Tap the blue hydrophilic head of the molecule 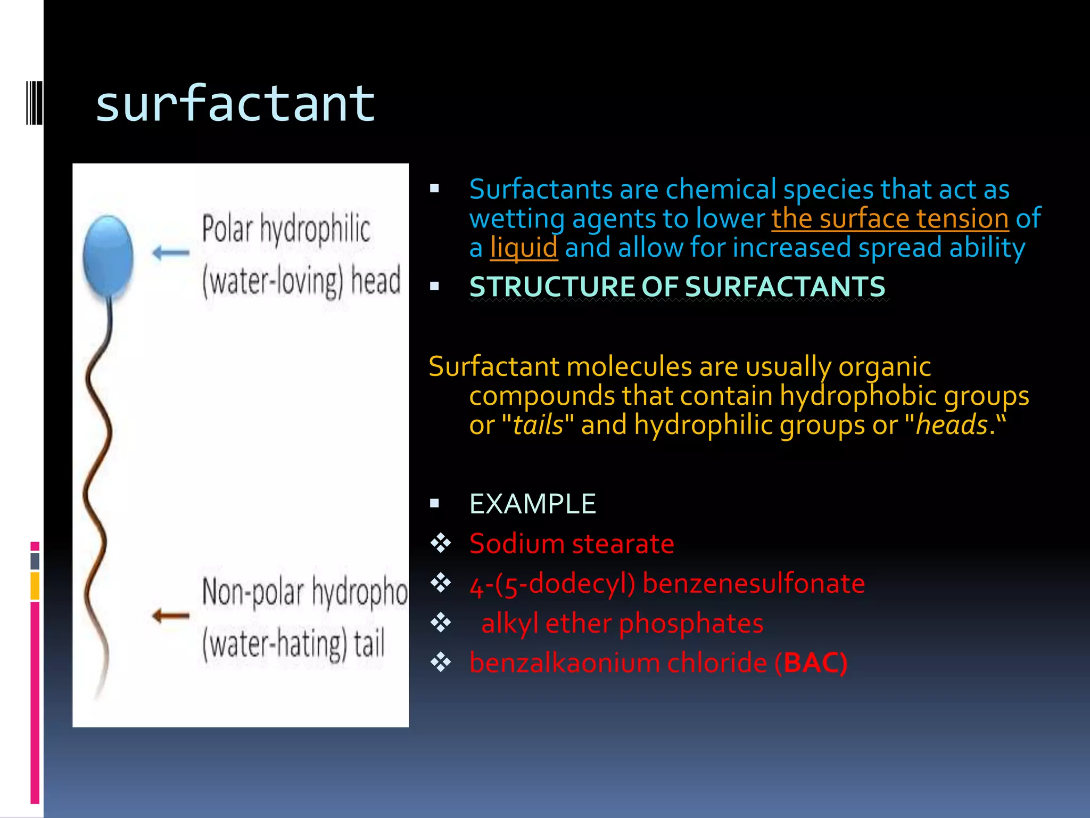(x=108, y=255)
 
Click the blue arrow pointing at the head (x=171, y=252)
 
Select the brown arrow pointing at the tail (x=171, y=616)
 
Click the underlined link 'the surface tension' (x=890, y=219)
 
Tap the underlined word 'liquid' (x=524, y=248)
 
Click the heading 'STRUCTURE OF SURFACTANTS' (x=677, y=287)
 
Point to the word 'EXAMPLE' (x=532, y=504)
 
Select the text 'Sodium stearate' (x=572, y=544)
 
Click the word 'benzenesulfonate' (x=754, y=584)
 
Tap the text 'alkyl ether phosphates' (x=622, y=623)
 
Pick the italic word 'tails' (x=538, y=426)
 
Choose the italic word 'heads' (x=951, y=426)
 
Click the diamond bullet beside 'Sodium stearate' (x=441, y=544)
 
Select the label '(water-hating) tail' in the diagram (x=293, y=644)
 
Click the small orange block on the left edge (x=35, y=586)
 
